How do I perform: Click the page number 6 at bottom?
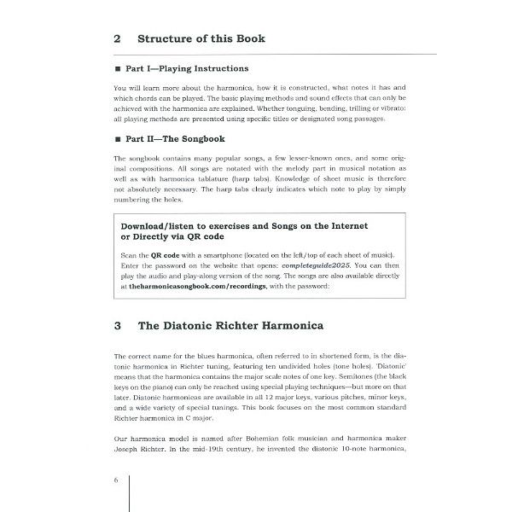pos(116,480)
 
